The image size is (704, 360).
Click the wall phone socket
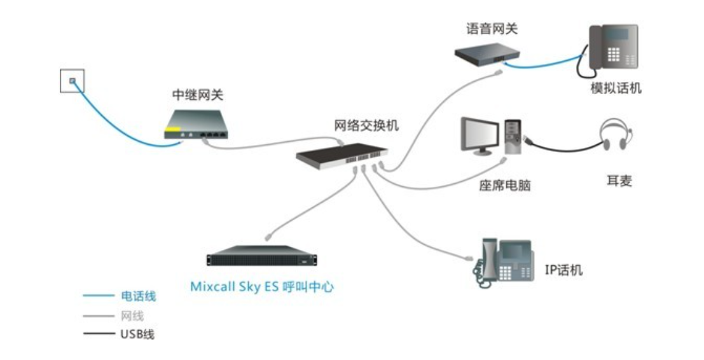click(72, 81)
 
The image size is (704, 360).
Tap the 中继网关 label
click(198, 95)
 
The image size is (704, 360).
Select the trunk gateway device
click(197, 125)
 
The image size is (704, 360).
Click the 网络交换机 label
click(366, 125)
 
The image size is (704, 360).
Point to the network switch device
click(342, 154)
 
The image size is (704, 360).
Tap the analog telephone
click(611, 48)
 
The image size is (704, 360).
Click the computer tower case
click(513, 135)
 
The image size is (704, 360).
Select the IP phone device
click(502, 261)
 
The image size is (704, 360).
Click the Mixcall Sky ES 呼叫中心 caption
click(262, 287)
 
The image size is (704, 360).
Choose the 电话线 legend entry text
click(138, 296)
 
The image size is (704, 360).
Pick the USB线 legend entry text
click(137, 334)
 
